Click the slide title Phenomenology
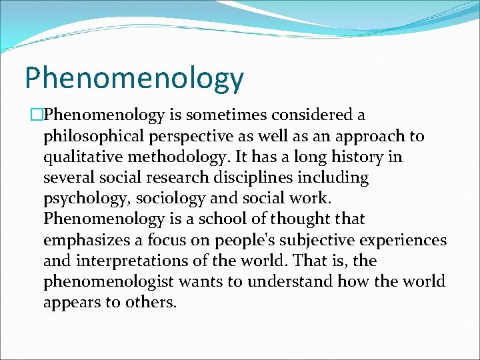point(134,79)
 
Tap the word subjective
point(317,240)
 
